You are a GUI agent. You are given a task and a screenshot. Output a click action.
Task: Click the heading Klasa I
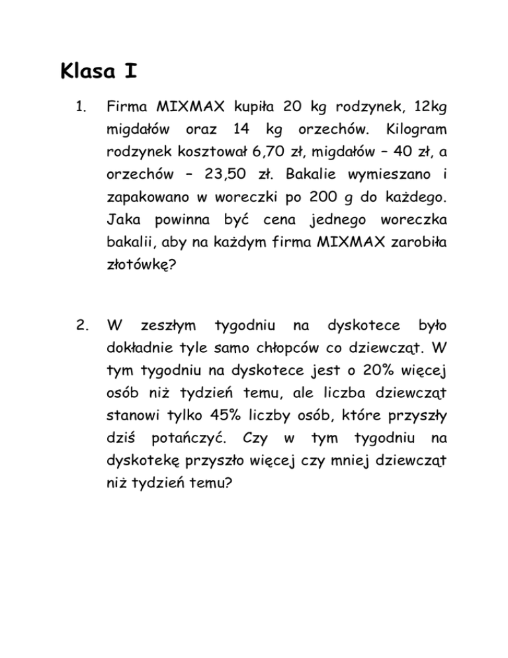click(x=98, y=70)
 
